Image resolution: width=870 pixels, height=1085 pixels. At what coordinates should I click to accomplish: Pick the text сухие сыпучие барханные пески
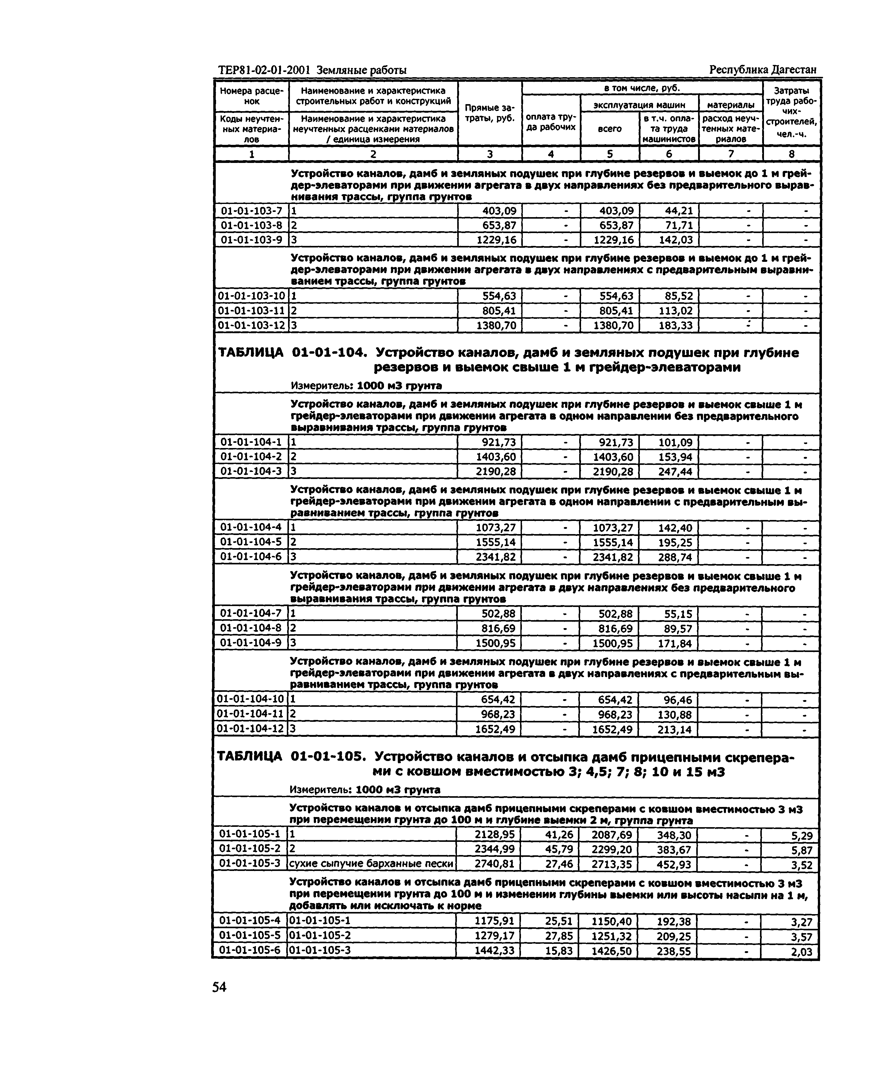click(371, 864)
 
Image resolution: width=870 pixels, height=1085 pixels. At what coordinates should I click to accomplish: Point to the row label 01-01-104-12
click(251, 729)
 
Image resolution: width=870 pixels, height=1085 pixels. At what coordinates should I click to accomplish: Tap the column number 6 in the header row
click(669, 154)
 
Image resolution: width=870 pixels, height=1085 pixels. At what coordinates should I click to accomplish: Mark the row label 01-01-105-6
click(250, 950)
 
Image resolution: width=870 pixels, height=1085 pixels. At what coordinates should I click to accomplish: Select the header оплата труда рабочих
click(551, 122)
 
